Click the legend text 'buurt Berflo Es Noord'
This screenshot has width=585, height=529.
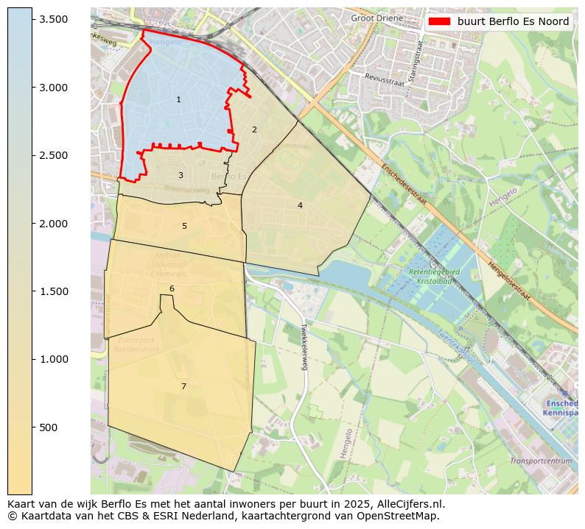click(x=513, y=21)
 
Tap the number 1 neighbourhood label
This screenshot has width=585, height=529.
click(x=178, y=99)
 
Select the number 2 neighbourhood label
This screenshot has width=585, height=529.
click(x=254, y=129)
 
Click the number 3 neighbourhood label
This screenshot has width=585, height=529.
click(x=181, y=175)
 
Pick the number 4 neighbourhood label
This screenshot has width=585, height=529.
click(x=300, y=205)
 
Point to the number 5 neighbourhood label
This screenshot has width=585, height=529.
click(x=184, y=226)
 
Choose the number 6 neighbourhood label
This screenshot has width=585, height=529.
click(x=172, y=288)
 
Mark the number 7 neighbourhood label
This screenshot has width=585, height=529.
click(x=183, y=386)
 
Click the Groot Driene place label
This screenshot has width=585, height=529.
click(x=376, y=18)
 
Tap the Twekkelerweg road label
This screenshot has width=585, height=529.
click(x=302, y=346)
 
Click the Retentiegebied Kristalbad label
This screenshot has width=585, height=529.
click(x=434, y=277)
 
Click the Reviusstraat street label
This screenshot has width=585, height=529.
click(x=385, y=79)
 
